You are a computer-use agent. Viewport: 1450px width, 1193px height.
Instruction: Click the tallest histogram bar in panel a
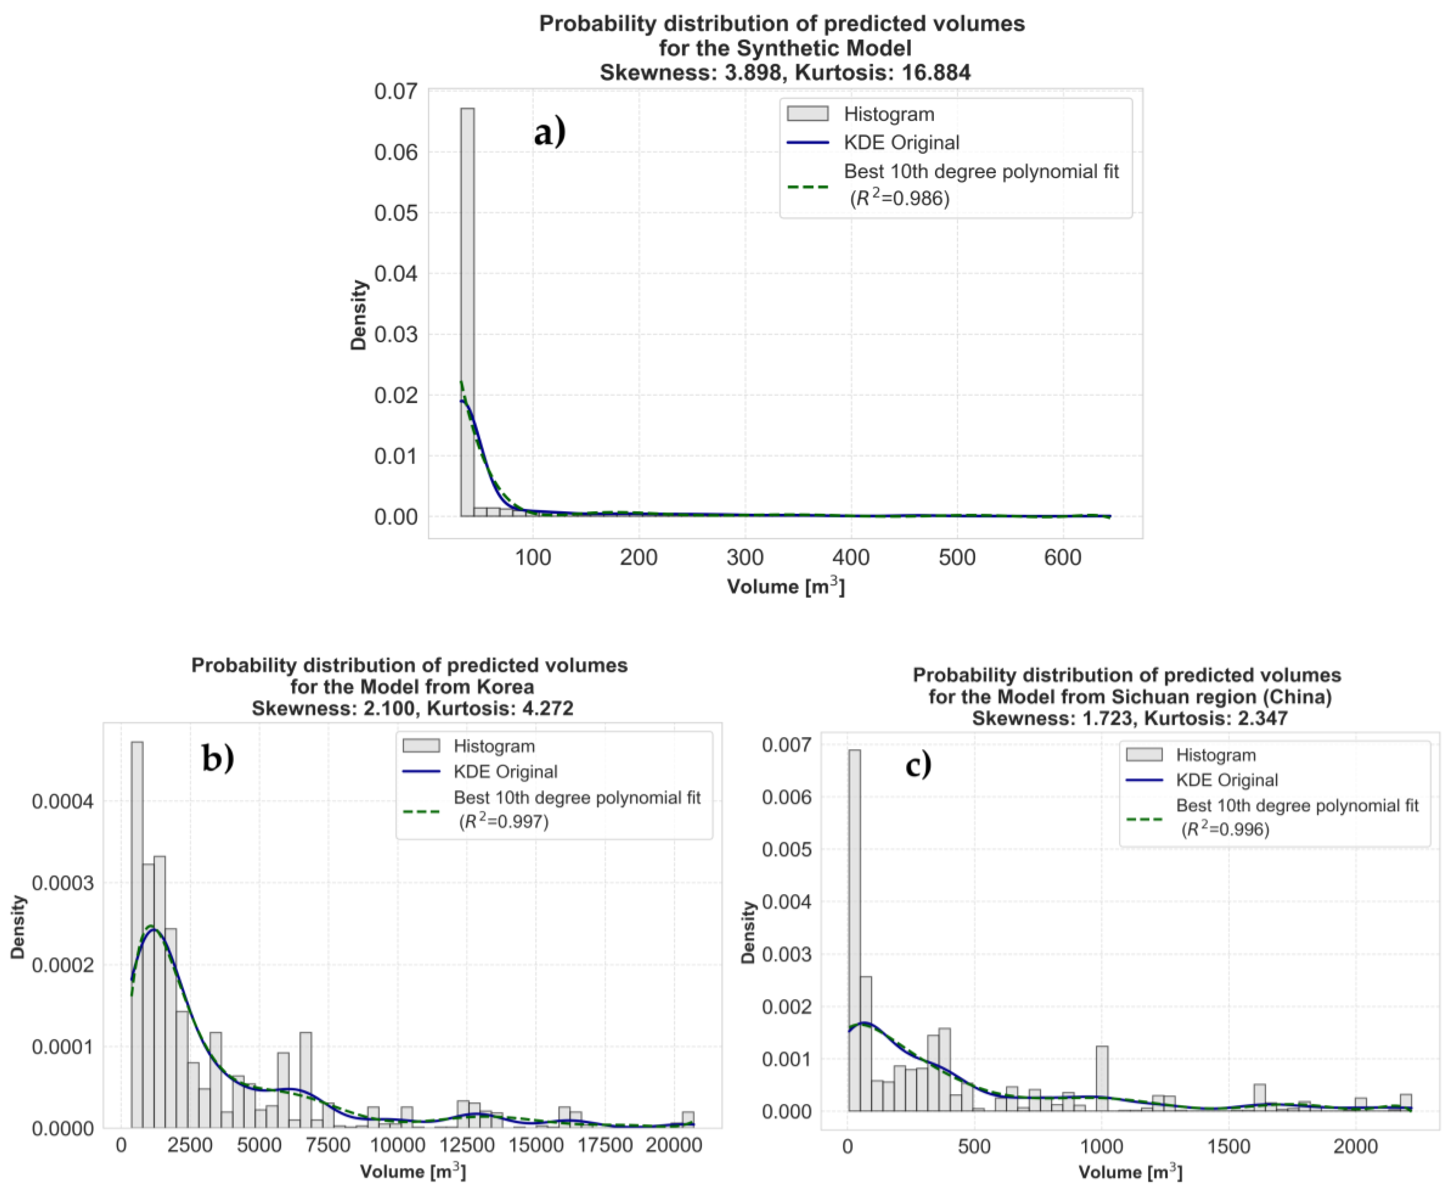[467, 309]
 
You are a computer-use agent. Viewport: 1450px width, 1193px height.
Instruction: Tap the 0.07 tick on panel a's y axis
[395, 92]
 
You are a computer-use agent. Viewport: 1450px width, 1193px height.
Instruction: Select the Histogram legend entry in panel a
[888, 114]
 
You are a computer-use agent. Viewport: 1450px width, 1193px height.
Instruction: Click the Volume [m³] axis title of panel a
[785, 586]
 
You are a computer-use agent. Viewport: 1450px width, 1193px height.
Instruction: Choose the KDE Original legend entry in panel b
[505, 772]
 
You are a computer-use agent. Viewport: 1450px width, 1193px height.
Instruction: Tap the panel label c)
[918, 764]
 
